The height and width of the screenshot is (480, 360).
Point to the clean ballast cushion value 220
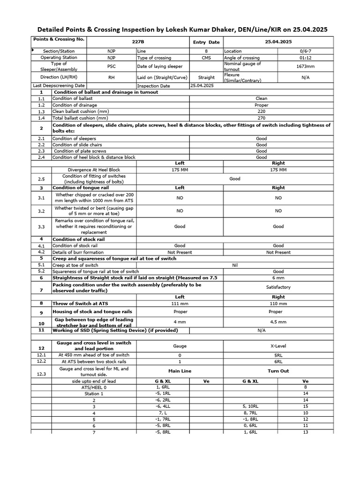[262, 112]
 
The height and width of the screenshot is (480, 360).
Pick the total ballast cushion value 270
[262, 119]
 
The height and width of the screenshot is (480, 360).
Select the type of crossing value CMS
[206, 58]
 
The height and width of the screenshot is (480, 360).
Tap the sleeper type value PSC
[111, 67]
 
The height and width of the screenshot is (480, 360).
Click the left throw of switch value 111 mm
[180, 303]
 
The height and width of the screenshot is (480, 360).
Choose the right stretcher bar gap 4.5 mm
[278, 322]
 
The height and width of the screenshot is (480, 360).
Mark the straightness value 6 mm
[278, 278]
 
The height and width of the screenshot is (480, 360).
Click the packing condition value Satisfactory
[278, 287]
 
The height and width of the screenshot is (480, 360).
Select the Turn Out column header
[278, 371]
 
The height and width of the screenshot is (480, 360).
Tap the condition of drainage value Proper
[262, 105]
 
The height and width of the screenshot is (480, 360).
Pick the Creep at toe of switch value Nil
[235, 265]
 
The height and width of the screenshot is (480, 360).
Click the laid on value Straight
[206, 77]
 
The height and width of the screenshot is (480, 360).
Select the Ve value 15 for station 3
[306, 406]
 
